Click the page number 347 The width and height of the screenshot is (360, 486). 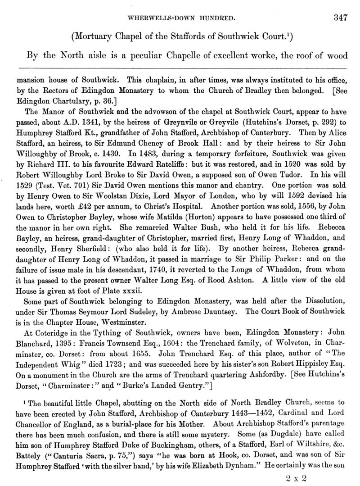[341, 18]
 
